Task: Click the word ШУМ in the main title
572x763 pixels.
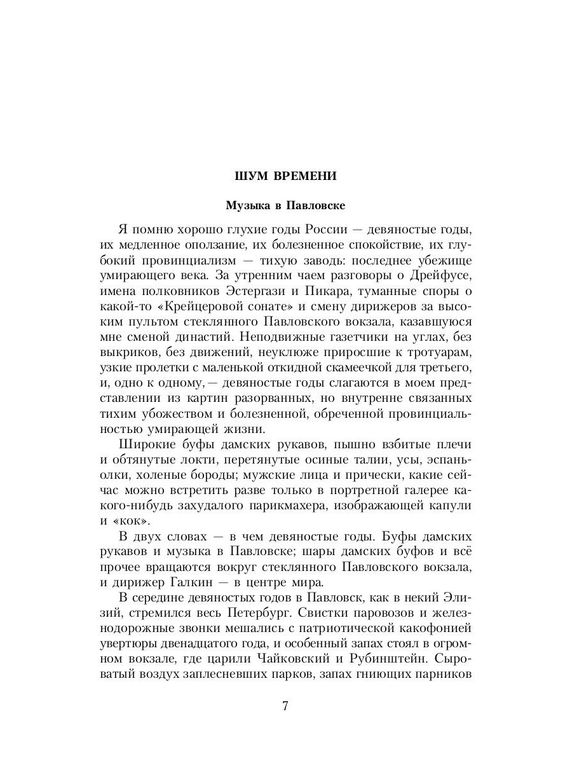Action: coord(250,175)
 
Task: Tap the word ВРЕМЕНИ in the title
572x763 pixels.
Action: coord(301,175)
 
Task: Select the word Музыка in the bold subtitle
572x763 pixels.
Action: coord(248,206)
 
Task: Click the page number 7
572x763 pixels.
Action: coord(285,706)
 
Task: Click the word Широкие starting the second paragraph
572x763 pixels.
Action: coord(147,444)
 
